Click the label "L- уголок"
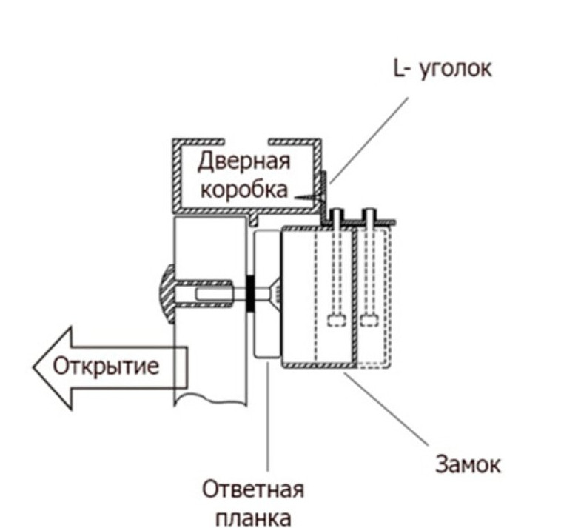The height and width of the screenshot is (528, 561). (442, 70)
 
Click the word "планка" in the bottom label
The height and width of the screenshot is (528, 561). (254, 516)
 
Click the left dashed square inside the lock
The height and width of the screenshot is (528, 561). (336, 321)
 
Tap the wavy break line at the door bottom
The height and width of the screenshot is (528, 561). (210, 400)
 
